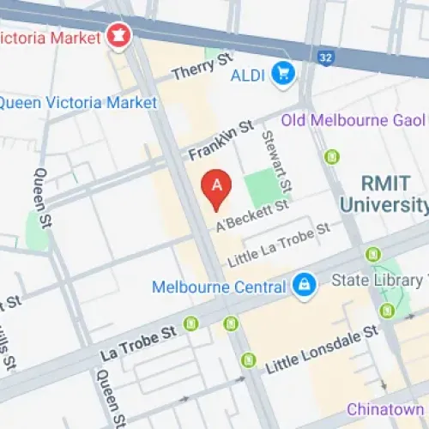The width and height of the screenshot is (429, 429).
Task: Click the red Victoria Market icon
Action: coord(116,36)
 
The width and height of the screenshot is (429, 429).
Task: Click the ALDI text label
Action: coord(249,75)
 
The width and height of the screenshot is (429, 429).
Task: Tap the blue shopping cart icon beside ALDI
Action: coord(282,75)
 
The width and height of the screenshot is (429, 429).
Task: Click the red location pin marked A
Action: coord(216,190)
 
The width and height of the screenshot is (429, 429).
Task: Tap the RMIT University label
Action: coord(383,193)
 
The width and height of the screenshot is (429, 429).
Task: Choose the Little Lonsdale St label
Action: coord(322,350)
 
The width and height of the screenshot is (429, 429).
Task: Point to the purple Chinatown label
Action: coord(386,409)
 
